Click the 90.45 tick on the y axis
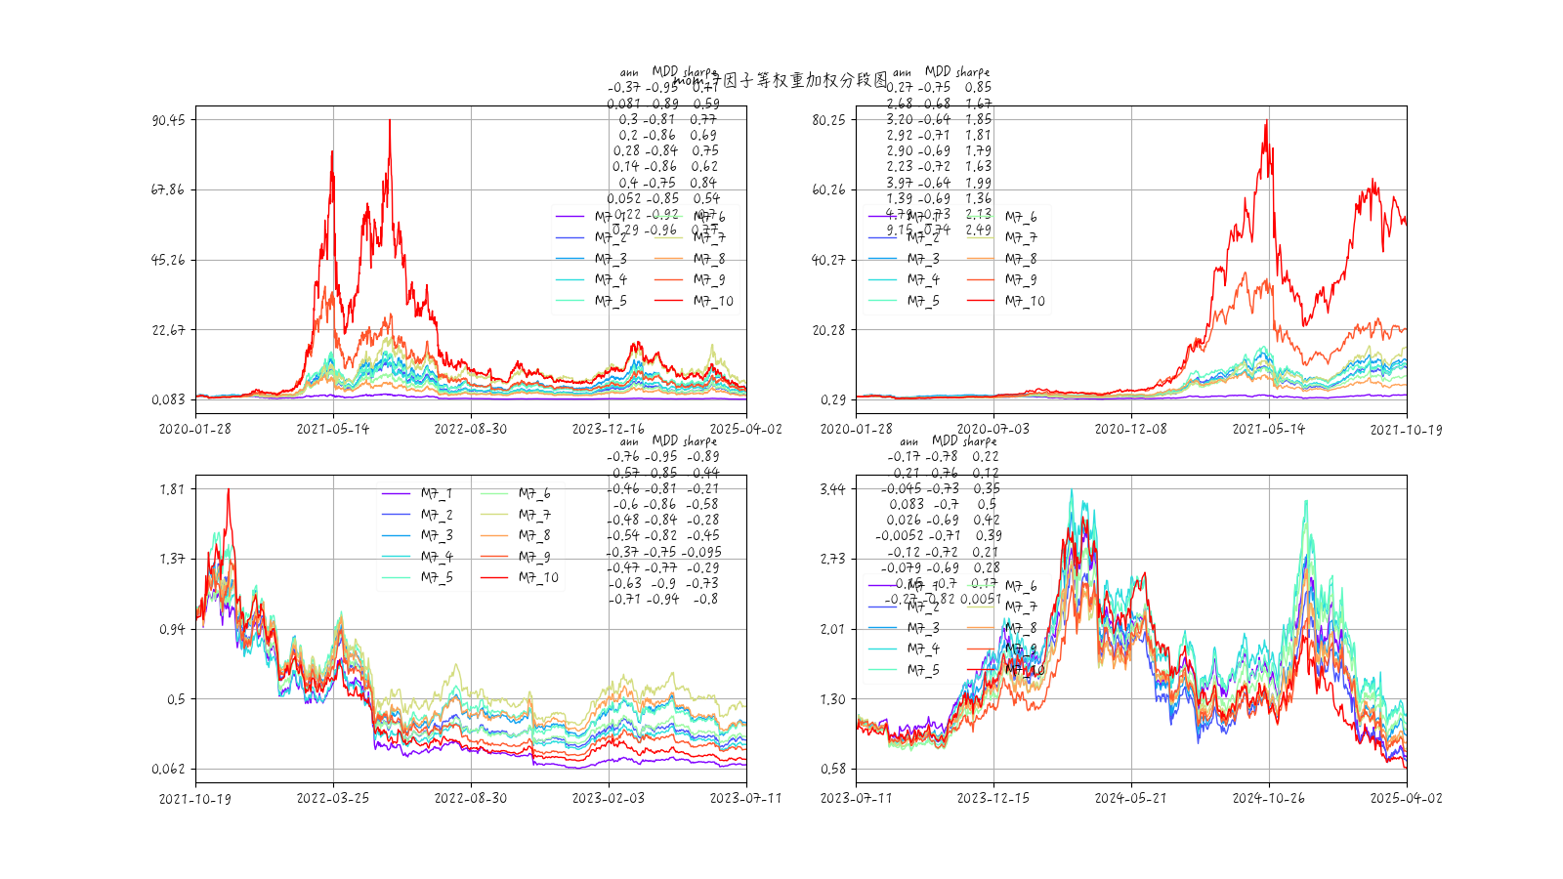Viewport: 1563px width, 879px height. (168, 120)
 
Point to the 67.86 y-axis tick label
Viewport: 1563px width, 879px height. (168, 189)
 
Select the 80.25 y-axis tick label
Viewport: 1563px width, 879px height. (828, 120)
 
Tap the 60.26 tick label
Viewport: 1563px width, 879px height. (828, 189)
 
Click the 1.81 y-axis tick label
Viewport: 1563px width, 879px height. (172, 489)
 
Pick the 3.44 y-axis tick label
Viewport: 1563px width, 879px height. (832, 489)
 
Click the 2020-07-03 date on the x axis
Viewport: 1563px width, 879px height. (993, 429)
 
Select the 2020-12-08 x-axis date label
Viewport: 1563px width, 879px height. (1131, 429)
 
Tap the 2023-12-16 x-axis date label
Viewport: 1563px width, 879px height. (608, 429)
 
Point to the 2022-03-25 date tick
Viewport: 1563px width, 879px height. (333, 798)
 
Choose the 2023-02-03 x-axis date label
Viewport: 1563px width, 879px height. (608, 798)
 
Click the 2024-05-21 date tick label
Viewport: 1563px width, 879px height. (1131, 798)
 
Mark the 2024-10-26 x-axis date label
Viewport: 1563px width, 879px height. (1269, 798)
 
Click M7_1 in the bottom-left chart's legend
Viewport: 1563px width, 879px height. (437, 494)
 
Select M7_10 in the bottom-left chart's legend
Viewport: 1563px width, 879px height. (538, 578)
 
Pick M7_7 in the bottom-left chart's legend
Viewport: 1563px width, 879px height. (534, 515)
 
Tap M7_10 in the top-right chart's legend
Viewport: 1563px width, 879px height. (1025, 302)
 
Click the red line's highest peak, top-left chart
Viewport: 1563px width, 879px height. (390, 120)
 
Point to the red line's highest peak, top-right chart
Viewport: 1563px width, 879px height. (1267, 120)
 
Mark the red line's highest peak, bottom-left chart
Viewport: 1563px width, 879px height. (229, 489)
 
